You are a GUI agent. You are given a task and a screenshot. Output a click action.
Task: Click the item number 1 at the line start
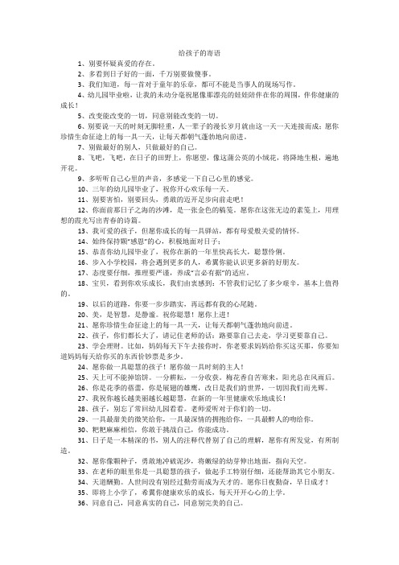71,63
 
